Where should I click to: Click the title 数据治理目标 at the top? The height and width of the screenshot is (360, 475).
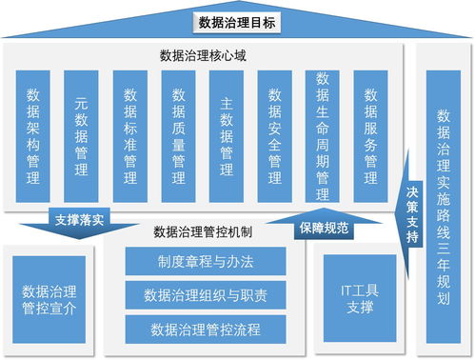237,22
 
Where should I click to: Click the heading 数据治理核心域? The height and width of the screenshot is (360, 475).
204,56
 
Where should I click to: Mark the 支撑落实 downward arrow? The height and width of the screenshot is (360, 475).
80,221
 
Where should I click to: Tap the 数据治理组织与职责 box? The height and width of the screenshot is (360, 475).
205,295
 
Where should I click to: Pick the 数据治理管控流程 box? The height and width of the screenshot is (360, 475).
205,330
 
